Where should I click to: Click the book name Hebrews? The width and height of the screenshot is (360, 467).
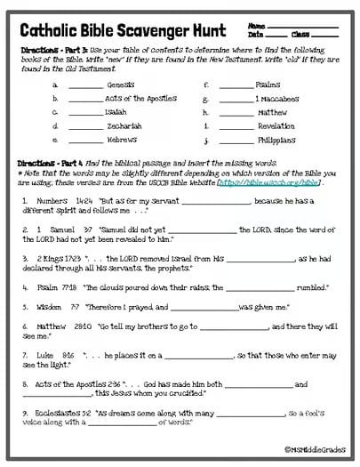[121, 140]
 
